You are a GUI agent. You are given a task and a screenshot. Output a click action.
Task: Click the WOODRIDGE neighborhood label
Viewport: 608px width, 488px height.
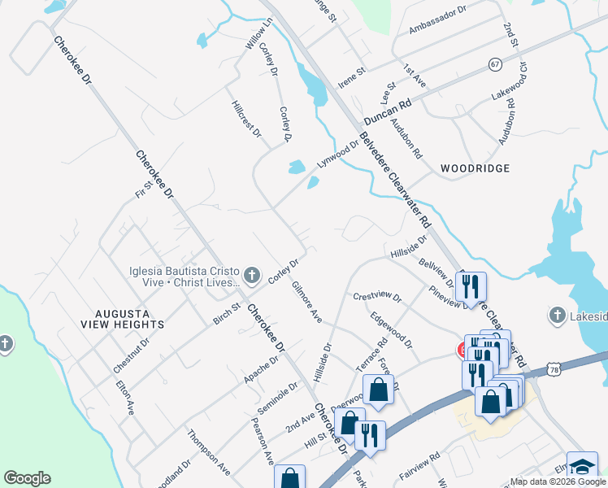tap(476, 168)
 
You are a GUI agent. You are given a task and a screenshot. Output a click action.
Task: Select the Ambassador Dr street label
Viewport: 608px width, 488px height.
tap(438, 20)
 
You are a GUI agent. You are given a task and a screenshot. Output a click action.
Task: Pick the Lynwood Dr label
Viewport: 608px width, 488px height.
tap(337, 154)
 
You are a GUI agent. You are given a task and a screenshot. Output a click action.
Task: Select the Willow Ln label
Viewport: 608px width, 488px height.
tap(257, 36)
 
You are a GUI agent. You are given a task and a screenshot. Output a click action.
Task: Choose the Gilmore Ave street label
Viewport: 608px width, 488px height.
tap(307, 301)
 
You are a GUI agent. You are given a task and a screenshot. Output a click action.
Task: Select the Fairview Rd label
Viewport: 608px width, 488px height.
tap(419, 467)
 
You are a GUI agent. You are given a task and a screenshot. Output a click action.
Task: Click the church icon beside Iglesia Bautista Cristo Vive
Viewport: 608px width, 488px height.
tap(252, 274)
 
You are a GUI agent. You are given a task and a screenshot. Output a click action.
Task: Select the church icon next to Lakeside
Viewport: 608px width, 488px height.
tap(557, 315)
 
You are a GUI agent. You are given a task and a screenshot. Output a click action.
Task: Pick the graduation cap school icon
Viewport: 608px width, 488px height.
tap(582, 466)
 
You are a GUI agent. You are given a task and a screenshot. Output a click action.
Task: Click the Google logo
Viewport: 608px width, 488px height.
tap(27, 478)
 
